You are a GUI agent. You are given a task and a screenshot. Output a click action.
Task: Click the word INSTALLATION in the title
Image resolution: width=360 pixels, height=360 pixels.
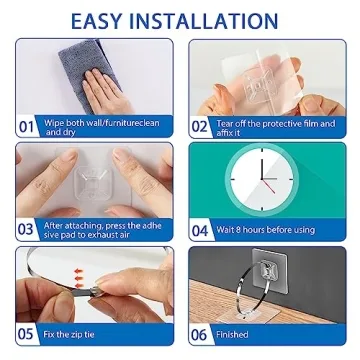[x=214, y=20]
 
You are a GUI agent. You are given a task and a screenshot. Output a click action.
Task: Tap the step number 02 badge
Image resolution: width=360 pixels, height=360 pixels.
[x=200, y=126]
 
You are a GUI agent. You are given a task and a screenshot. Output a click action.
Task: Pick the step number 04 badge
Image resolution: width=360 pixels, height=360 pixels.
[x=200, y=229]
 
